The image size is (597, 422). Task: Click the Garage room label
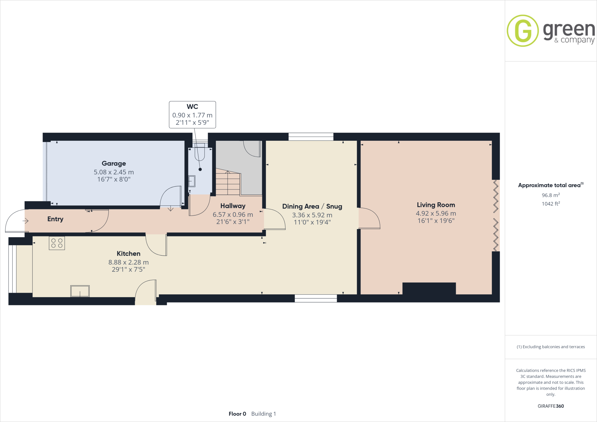[114, 163]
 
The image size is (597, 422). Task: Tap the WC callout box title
[192, 107]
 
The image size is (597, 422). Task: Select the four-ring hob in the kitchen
[57, 243]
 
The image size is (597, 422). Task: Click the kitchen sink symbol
[80, 291]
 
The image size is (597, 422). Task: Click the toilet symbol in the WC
[200, 153]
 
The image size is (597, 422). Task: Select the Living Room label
[436, 205]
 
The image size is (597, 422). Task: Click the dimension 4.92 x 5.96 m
[436, 214]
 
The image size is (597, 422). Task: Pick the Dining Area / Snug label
[312, 206]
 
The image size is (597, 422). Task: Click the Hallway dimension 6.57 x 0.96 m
[233, 214]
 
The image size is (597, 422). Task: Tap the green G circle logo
[523, 31]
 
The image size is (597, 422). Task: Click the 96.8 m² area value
[551, 195]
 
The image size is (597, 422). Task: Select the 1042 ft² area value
[551, 204]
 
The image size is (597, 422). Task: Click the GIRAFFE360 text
[551, 406]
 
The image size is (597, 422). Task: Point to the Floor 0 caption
[237, 414]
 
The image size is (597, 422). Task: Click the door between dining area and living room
[369, 218]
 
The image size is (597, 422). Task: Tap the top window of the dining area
[311, 137]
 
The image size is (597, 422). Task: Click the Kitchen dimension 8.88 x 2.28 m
[129, 262]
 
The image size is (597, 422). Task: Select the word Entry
[55, 219]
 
